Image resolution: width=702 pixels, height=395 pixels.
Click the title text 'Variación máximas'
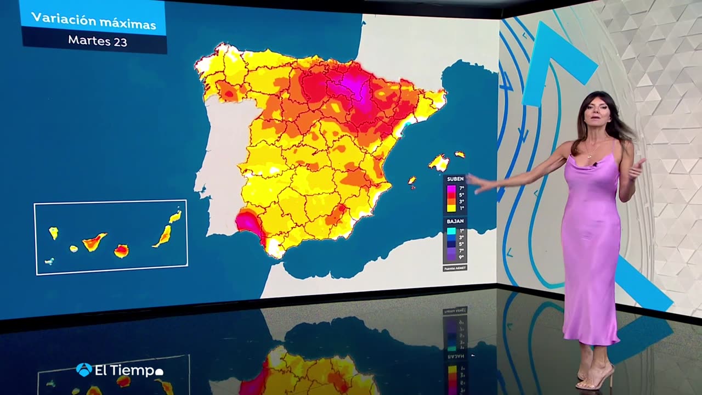(93, 21)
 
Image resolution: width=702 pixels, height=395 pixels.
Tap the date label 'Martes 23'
(98, 41)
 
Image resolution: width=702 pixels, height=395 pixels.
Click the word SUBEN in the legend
(455, 179)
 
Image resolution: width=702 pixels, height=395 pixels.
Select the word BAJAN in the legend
(455, 221)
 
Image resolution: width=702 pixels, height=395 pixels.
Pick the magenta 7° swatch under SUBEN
(451, 189)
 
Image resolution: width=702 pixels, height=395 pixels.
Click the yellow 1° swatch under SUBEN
(451, 208)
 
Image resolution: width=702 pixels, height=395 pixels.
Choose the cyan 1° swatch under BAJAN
(451, 231)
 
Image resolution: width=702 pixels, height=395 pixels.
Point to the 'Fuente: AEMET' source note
(455, 268)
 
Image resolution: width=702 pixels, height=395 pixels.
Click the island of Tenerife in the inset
(94, 242)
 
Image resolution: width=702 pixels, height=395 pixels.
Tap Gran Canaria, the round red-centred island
(121, 251)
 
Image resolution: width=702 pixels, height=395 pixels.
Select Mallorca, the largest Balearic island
(439, 162)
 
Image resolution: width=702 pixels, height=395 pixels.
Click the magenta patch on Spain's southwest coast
(248, 223)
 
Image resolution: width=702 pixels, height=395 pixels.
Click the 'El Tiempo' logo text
(125, 371)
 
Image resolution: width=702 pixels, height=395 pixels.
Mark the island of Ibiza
(411, 180)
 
